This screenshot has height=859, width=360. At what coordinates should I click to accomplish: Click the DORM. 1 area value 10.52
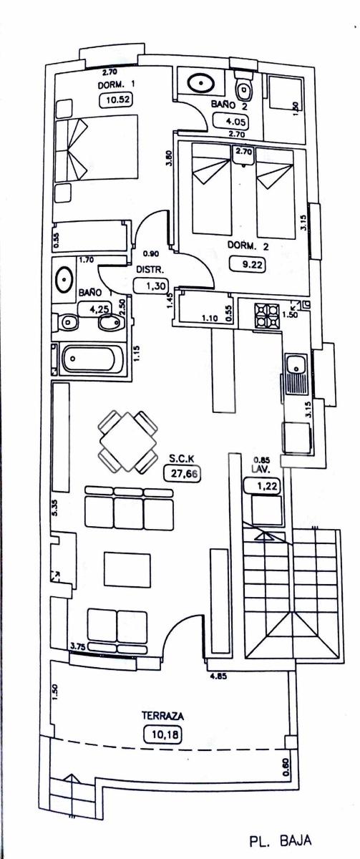pos(115,100)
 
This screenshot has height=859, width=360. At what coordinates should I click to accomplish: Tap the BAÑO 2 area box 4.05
pos(231,122)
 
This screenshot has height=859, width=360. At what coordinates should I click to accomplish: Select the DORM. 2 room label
pos(248,246)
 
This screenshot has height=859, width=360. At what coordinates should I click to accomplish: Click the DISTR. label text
pos(150,270)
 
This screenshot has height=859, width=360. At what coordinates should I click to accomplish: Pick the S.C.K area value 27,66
pos(183,473)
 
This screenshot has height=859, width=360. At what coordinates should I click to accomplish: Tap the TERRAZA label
pos(163,715)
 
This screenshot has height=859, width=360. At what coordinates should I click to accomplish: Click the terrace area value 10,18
pos(162,734)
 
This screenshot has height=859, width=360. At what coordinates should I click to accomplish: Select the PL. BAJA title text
pos(281,841)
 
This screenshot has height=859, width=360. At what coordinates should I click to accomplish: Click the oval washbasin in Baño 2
pos(200,82)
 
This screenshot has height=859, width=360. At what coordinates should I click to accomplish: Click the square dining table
pos(128,442)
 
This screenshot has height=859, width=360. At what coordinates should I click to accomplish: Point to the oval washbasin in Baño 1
pos(64,278)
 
